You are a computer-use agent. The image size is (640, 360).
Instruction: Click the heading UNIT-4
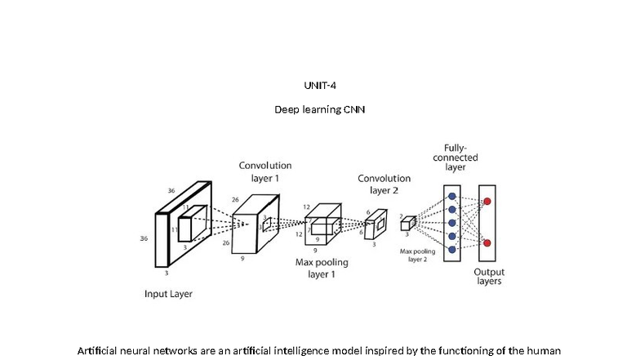pyautogui.click(x=319, y=85)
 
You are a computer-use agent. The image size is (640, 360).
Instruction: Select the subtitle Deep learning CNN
pyautogui.click(x=319, y=109)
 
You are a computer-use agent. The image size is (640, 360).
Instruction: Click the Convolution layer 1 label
pyautogui.click(x=264, y=171)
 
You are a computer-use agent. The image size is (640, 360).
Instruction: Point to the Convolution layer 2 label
pyautogui.click(x=384, y=184)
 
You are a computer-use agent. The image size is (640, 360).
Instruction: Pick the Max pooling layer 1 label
pyautogui.click(x=322, y=269)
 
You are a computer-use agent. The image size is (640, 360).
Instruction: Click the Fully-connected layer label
pyautogui.click(x=455, y=157)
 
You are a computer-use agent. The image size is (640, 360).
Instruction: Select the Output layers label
pyautogui.click(x=489, y=276)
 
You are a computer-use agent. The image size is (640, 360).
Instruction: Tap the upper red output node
pyautogui.click(x=487, y=201)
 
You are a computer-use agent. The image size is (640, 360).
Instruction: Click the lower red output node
pyautogui.click(x=487, y=242)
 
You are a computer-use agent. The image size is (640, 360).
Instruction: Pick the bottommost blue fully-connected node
pyautogui.click(x=451, y=251)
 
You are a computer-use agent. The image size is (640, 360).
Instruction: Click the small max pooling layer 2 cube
pyautogui.click(x=407, y=223)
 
